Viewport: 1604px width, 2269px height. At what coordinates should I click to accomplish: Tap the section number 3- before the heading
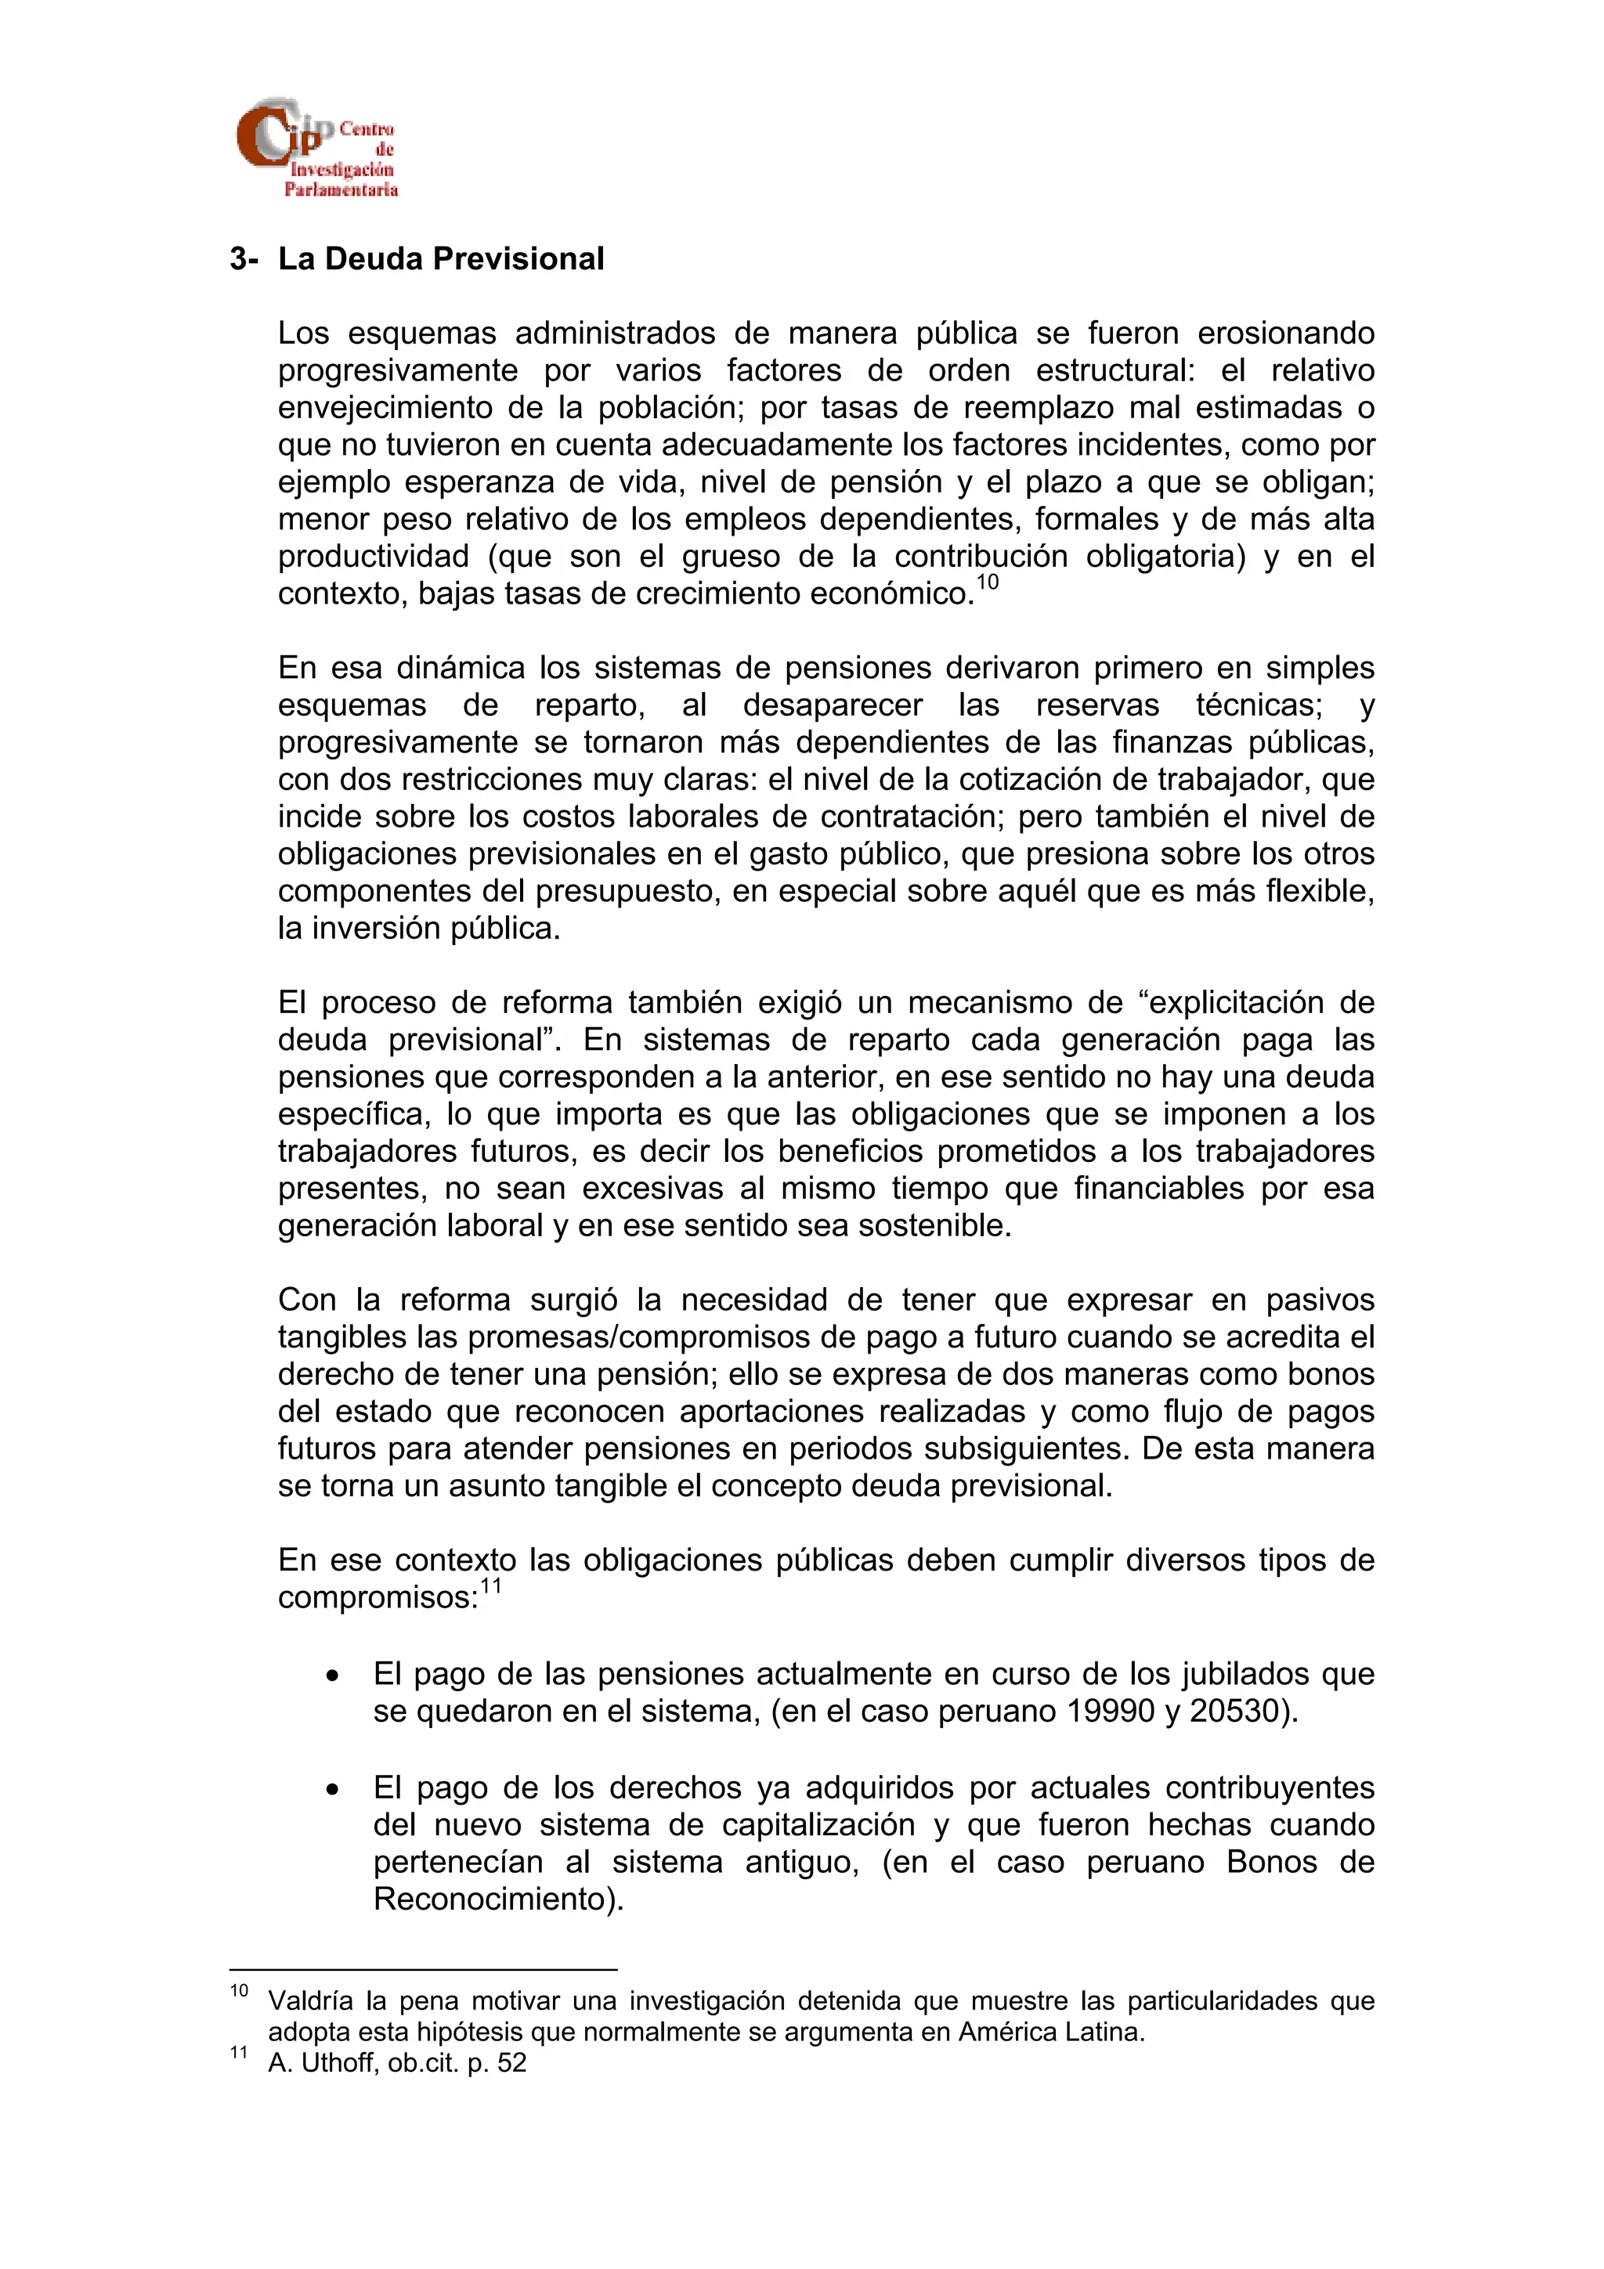pos(244,259)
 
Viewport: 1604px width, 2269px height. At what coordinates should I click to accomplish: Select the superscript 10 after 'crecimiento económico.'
pos(988,582)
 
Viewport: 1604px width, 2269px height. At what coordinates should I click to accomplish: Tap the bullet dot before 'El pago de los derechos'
pos(334,1790)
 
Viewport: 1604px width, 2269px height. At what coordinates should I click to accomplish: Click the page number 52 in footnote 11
pos(512,2062)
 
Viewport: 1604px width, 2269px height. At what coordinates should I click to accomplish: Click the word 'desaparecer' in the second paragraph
pos(832,705)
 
